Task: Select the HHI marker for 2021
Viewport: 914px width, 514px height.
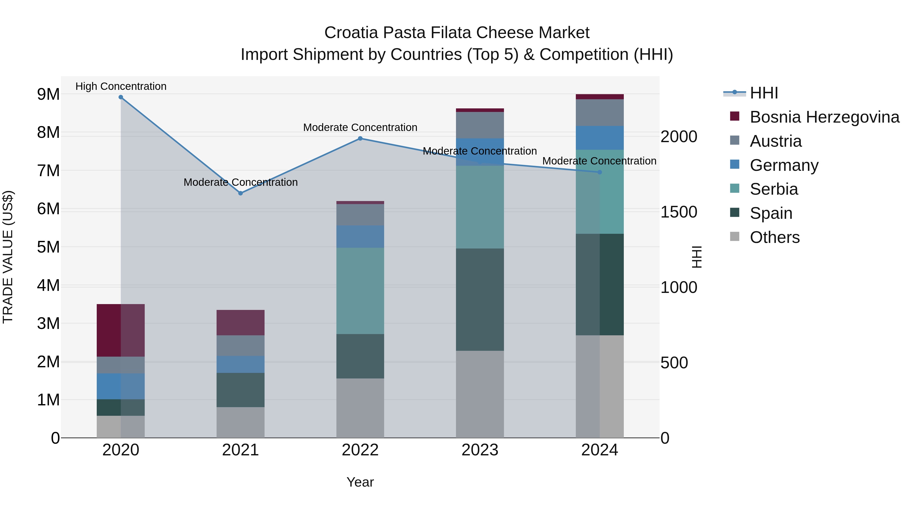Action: [241, 193]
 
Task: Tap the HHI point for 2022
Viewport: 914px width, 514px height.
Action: [360, 138]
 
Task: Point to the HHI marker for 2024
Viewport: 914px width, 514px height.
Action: [600, 172]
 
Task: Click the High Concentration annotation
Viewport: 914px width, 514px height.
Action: [121, 86]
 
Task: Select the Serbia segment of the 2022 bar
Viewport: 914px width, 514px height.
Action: [360, 291]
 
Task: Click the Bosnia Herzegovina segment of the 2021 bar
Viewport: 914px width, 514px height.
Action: [241, 323]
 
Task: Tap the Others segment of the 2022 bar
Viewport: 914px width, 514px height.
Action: [360, 408]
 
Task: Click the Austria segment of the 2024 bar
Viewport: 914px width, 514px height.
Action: [600, 113]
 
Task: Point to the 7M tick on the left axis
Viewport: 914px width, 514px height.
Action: [48, 171]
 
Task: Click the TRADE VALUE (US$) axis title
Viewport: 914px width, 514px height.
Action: [8, 257]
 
